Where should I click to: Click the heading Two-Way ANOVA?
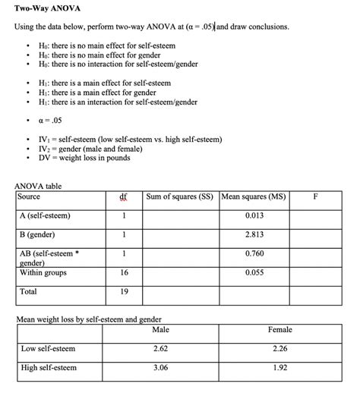pos(48,9)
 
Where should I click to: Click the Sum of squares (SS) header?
pos(180,196)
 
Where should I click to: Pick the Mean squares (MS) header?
pos(254,196)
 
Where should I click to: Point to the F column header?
pos(316,196)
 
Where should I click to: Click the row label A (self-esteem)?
pos(45,215)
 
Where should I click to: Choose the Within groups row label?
pos(43,272)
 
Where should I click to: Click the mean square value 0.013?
pos(254,215)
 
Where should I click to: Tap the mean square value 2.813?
pos(254,234)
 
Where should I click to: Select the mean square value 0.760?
pos(254,253)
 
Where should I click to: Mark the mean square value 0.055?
pos(254,272)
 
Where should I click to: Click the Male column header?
pos(160,330)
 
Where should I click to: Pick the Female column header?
pos(279,330)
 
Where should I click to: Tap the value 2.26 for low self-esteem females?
pos(279,349)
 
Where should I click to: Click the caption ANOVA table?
pos(39,186)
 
